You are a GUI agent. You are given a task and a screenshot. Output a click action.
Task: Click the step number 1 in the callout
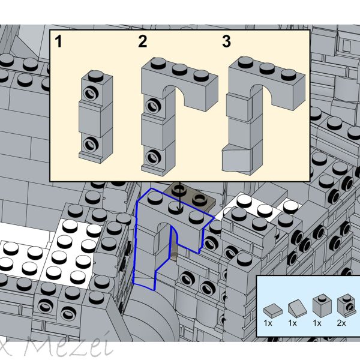click(58, 42)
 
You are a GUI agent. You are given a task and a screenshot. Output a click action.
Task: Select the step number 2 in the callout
click(142, 42)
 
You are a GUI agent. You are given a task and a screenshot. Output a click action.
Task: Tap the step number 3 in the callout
click(226, 42)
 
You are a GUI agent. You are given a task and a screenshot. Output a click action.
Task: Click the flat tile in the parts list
click(272, 310)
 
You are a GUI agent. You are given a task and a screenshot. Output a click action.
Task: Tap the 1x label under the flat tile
click(268, 323)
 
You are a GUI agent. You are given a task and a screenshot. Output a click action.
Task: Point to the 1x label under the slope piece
click(293, 323)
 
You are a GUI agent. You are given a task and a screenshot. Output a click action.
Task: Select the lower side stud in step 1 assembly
click(91, 143)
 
